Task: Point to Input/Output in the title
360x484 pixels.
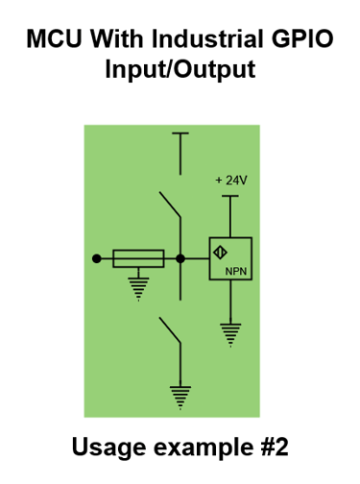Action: pos(180,71)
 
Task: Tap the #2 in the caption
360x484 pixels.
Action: pos(270,448)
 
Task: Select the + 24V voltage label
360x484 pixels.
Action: pos(230,181)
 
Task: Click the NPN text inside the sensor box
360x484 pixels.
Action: pos(236,273)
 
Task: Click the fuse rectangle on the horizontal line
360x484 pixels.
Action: pos(138,258)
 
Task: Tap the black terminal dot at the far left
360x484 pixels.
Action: pos(96,258)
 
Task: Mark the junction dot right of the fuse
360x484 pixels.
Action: pos(180,258)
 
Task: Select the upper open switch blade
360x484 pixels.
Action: pos(170,206)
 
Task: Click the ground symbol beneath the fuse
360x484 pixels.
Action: pos(138,286)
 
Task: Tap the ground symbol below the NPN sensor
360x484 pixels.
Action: pos(229,332)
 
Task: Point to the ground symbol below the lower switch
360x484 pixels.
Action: pos(180,392)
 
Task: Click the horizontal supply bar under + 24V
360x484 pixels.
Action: pos(229,196)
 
